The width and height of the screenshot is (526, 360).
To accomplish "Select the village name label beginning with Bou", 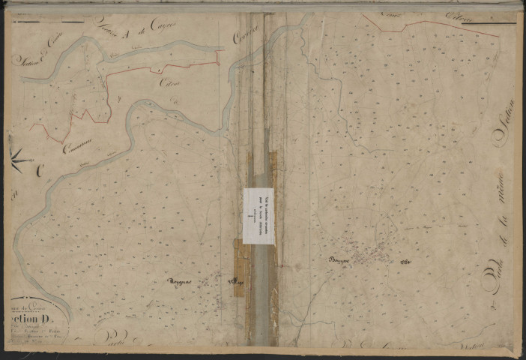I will coord(341,259).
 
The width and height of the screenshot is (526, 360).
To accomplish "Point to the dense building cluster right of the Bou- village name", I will coord(371,257).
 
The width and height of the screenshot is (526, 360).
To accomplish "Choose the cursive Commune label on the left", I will coord(77,150).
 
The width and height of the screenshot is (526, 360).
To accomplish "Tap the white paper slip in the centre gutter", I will coord(259,215).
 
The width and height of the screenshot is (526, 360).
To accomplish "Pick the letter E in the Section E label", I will coord(26,48).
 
